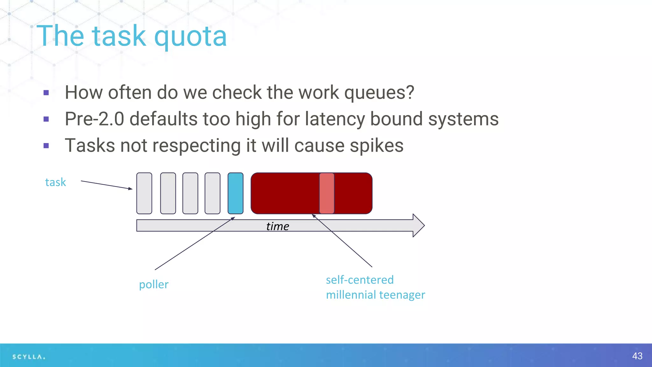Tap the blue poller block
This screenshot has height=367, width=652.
point(236,193)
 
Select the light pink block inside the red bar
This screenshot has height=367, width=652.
point(327,193)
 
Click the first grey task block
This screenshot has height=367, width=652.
point(144,193)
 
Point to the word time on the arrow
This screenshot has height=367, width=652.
point(278,226)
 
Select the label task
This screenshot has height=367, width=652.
point(55,182)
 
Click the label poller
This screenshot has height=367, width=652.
point(154,284)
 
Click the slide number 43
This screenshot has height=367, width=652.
point(637,356)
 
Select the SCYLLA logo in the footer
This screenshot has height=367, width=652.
point(29,357)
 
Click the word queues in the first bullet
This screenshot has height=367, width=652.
point(379,93)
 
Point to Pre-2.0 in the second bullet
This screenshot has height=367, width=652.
point(94,119)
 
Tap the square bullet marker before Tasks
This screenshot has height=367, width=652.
point(46,146)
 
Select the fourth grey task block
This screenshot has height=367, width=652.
point(212,193)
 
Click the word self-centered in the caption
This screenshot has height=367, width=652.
point(360,280)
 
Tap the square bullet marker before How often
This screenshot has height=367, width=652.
point(46,93)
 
